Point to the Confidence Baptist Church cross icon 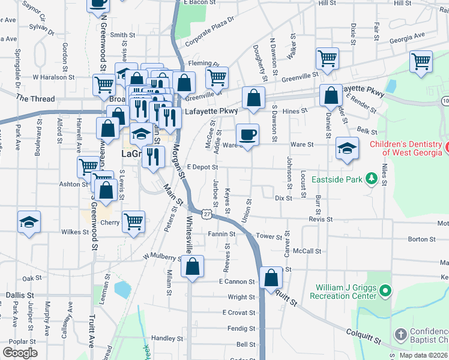(x=400, y=334)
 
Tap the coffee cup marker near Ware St (x=247, y=134)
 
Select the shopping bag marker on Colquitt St (x=271, y=277)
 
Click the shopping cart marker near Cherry (x=133, y=221)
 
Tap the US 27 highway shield (x=206, y=214)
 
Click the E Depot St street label (x=200, y=167)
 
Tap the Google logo (x=20, y=353)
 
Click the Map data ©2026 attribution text (x=424, y=355)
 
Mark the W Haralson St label (x=53, y=77)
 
